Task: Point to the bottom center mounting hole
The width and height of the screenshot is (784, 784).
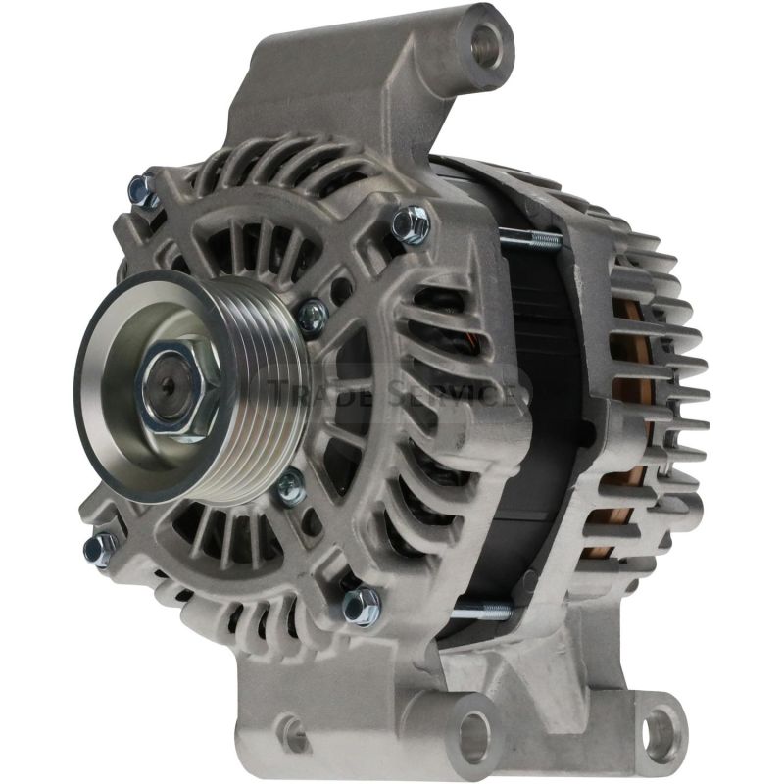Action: coord(474,729)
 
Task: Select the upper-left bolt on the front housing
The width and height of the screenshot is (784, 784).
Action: coord(144,188)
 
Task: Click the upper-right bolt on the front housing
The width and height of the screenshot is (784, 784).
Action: coord(411,225)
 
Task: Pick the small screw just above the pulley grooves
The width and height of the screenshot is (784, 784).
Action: coord(312,315)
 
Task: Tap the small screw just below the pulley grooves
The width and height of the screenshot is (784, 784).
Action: coord(289,487)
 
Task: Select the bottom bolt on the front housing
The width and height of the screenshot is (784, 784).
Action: coord(361,605)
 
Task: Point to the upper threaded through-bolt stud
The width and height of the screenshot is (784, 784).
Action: coord(529,238)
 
